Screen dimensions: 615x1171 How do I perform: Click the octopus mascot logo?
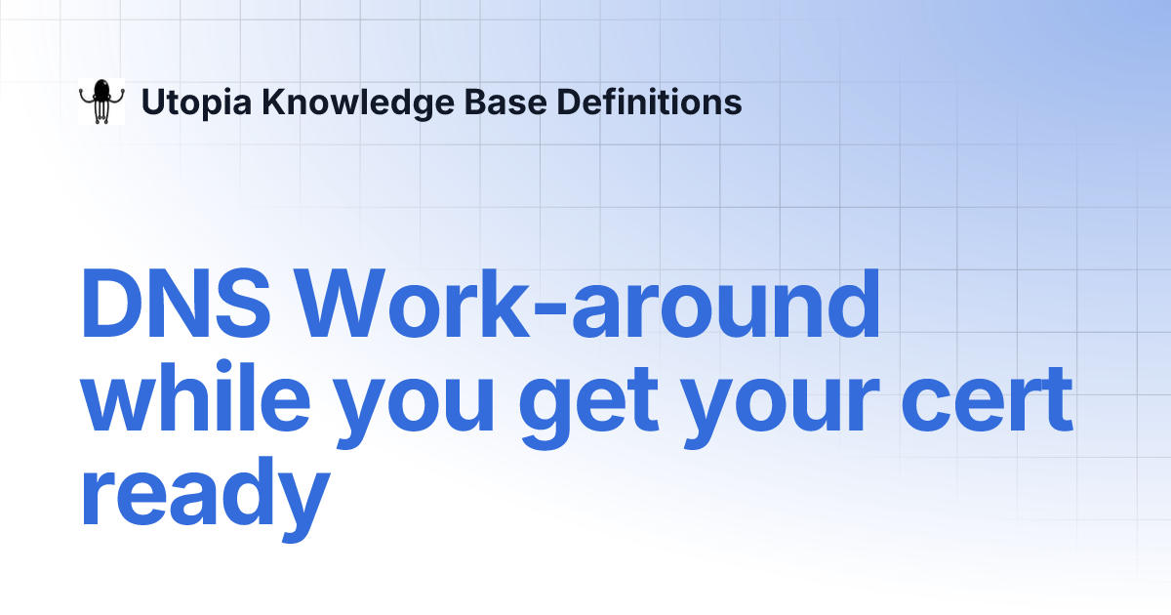click(x=101, y=102)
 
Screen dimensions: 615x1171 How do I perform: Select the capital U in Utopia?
click(x=152, y=102)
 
